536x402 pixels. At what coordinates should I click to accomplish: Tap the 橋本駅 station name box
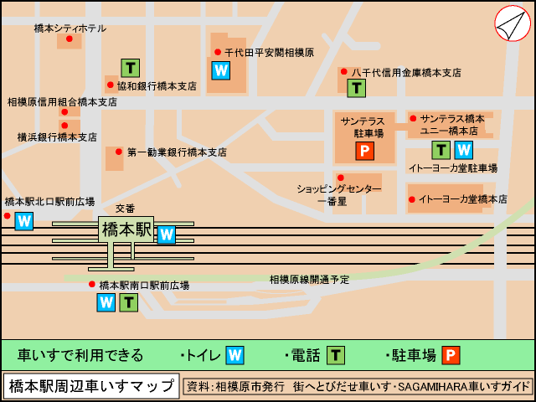click(126, 229)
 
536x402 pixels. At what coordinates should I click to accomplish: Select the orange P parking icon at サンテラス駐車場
click(364, 151)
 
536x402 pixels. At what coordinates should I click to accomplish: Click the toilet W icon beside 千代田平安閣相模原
click(220, 70)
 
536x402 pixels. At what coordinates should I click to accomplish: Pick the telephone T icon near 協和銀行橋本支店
click(130, 68)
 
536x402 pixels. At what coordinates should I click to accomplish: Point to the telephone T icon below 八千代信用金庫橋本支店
click(356, 87)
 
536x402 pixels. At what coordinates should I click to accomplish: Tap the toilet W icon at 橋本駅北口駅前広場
click(23, 221)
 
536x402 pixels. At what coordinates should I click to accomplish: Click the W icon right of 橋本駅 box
click(166, 234)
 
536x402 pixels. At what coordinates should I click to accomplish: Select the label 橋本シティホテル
click(70, 28)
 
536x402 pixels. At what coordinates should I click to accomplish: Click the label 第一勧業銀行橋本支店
click(177, 152)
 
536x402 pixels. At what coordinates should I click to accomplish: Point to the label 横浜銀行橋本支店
click(57, 137)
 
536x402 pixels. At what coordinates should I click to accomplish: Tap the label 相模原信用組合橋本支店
click(62, 102)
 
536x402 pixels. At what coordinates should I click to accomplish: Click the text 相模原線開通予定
click(309, 279)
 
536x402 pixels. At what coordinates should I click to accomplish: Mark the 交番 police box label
click(125, 208)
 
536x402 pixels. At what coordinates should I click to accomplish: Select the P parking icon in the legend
click(451, 355)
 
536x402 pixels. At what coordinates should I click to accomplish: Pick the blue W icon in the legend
click(234, 355)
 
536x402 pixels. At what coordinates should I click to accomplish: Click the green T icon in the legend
click(335, 355)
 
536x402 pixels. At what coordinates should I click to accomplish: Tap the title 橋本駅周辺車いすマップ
click(91, 386)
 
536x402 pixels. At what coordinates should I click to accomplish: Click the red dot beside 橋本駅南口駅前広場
click(92, 285)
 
